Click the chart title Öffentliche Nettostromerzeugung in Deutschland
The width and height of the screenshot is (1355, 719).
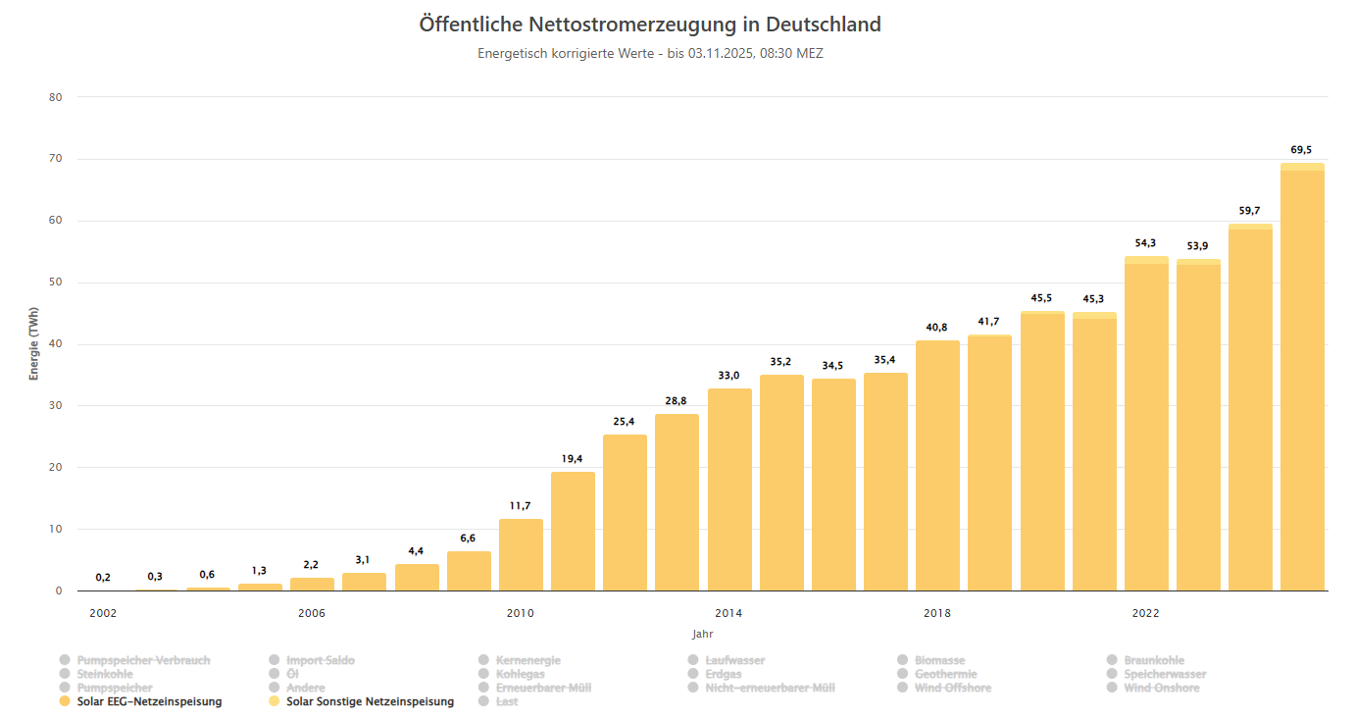click(x=650, y=25)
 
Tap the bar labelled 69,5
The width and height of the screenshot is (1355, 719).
click(x=1302, y=383)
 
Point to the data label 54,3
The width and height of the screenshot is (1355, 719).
click(x=1146, y=243)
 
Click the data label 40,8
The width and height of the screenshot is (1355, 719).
click(x=936, y=328)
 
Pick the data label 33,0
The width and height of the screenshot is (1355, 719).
click(x=728, y=376)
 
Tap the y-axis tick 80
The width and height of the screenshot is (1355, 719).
click(x=55, y=97)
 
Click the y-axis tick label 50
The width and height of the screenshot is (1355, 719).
click(x=55, y=282)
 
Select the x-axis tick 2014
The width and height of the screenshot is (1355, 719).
click(x=728, y=613)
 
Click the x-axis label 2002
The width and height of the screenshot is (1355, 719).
click(x=103, y=613)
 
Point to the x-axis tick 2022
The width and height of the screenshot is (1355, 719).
click(x=1145, y=613)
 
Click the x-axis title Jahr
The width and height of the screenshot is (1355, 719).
click(x=702, y=634)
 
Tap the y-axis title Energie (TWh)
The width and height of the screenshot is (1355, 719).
click(x=33, y=343)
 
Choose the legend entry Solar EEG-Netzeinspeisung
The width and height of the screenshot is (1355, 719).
click(x=149, y=701)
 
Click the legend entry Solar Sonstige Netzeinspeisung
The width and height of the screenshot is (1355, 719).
click(x=370, y=701)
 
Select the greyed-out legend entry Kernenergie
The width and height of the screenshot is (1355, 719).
click(x=527, y=660)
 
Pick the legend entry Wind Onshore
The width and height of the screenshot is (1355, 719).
click(x=1161, y=688)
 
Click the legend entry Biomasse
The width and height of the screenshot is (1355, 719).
click(x=939, y=660)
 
